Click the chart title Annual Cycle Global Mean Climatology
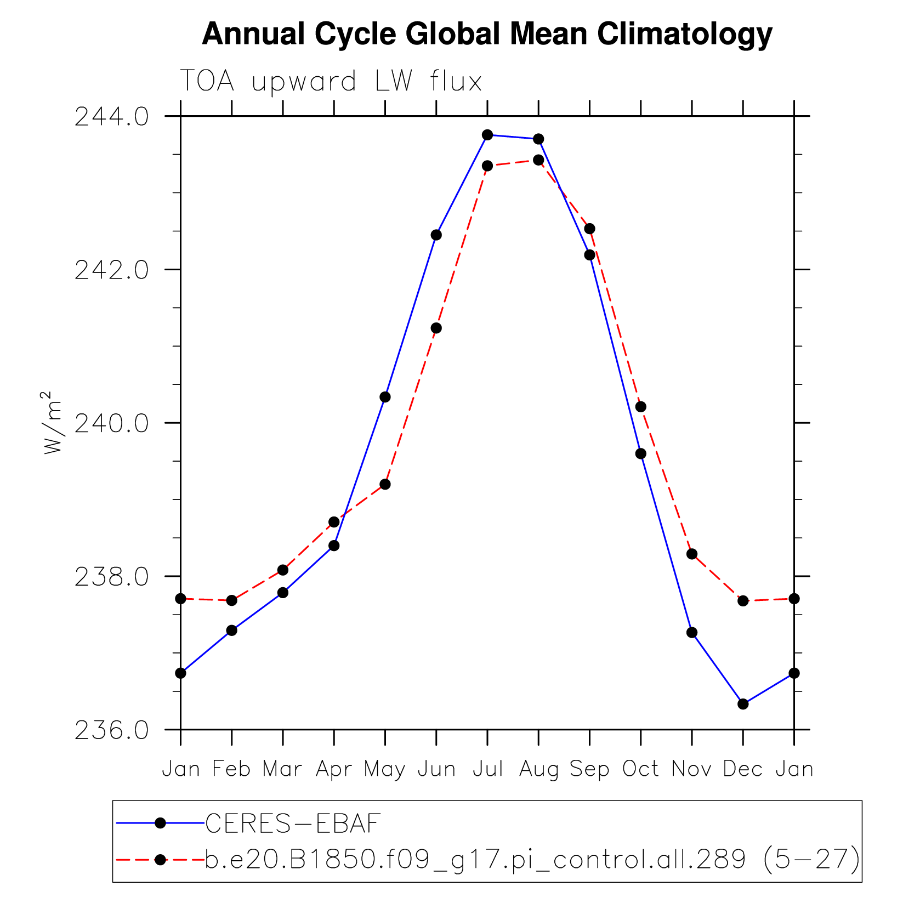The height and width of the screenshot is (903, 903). tap(487, 34)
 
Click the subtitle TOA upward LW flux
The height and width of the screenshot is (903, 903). tap(331, 82)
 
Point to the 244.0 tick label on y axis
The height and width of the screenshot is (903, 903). tap(111, 116)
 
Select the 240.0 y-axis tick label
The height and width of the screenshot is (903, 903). tap(111, 423)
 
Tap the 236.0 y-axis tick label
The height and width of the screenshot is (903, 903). tap(111, 730)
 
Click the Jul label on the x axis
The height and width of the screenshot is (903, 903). tap(487, 769)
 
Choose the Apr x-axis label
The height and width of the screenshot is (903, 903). tap(334, 770)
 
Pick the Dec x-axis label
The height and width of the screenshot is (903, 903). tap(743, 769)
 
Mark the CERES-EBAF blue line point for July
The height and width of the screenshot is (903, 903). tap(487, 135)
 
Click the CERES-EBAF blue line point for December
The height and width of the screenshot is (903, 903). tap(743, 704)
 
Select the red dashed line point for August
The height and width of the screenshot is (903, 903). tap(538, 160)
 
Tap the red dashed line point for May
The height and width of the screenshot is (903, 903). tap(385, 484)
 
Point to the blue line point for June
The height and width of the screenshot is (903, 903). tap(436, 235)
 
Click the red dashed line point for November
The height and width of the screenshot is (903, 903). tap(692, 554)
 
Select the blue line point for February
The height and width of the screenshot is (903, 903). tap(232, 631)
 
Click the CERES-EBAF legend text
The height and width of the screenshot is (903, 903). tap(293, 823)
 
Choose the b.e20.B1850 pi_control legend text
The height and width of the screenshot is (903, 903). tap(532, 860)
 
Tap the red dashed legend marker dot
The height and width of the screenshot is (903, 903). tap(160, 860)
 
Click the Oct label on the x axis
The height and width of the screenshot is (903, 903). tap(640, 769)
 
